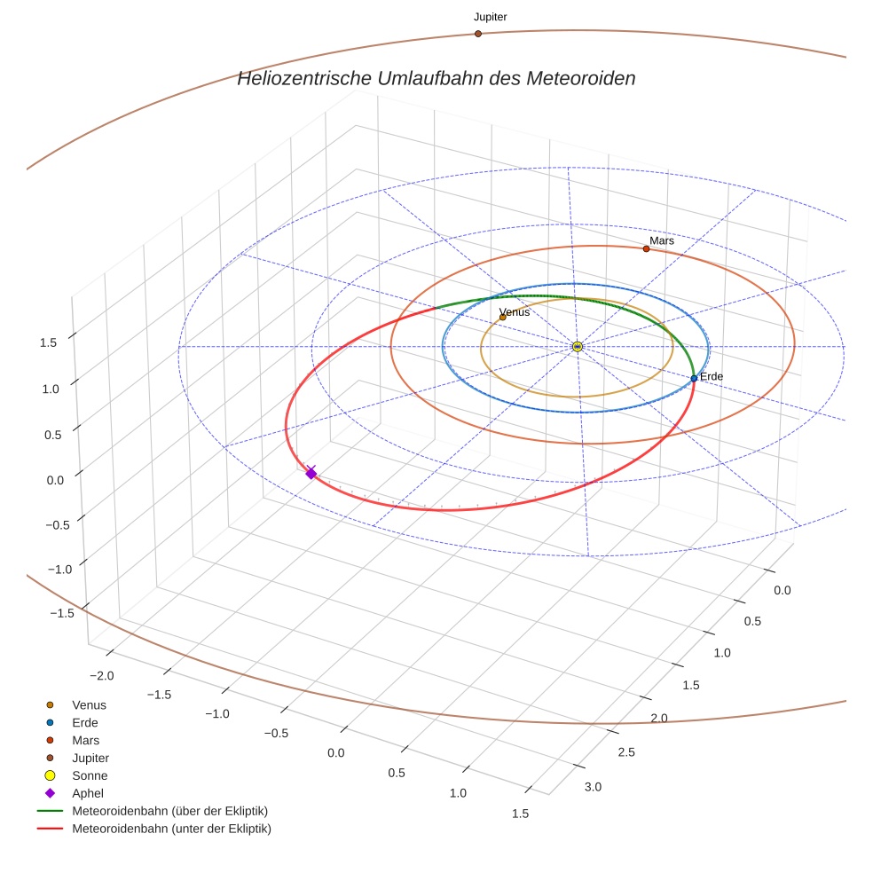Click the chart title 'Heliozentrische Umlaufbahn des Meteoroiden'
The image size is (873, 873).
pos(436,78)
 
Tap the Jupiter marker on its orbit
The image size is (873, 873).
pos(477,34)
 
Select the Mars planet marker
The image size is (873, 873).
pos(646,248)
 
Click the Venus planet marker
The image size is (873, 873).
pos(503,317)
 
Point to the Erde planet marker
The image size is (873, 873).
pos(694,379)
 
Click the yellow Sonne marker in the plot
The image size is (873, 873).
pos(577,346)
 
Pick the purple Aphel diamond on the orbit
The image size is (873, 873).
pos(311,474)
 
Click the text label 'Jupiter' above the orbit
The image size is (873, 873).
pos(490,17)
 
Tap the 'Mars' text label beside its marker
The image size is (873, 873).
pos(662,240)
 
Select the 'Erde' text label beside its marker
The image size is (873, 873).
pos(712,377)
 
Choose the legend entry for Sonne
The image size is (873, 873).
pos(90,775)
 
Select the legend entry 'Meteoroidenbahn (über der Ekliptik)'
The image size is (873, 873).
pos(169,811)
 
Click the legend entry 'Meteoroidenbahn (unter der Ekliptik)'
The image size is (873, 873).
pos(171,829)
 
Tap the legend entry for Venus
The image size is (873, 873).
pos(89,704)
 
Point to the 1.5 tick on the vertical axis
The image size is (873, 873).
pos(48,342)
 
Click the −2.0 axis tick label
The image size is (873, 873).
pos(102,676)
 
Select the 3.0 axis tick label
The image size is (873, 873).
pos(592,787)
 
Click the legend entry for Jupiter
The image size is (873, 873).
pos(90,758)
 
